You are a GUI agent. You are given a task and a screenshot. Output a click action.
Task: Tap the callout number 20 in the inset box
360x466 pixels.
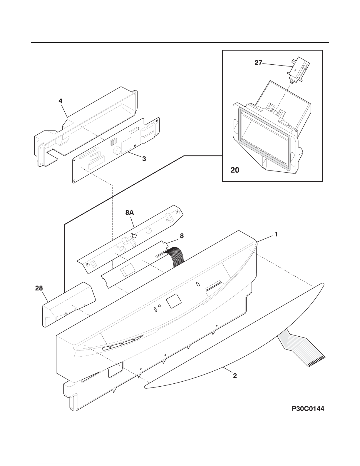(x=235, y=170)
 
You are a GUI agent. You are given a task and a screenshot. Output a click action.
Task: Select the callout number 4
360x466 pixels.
(x=61, y=101)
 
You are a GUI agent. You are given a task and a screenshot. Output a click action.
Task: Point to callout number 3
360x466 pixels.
(x=144, y=159)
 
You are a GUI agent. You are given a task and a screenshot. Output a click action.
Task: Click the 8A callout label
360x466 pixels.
(x=130, y=213)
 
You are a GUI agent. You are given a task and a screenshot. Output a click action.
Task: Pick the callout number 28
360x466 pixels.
(x=39, y=288)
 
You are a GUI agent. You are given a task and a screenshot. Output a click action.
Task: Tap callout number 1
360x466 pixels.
(x=276, y=234)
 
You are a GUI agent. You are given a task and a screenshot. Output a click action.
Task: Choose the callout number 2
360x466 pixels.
(x=235, y=376)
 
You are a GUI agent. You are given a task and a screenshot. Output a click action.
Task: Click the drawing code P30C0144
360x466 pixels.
(x=308, y=409)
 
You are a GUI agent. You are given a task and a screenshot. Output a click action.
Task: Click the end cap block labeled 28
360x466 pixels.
(x=69, y=305)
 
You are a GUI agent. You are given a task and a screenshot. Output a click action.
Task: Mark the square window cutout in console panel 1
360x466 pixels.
(x=174, y=301)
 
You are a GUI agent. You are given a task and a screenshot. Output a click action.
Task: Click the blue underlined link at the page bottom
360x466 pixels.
(x=58, y=463)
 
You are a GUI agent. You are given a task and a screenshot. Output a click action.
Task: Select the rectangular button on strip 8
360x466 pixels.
(x=128, y=270)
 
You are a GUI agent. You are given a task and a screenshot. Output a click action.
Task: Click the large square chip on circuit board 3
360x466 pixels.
(x=126, y=146)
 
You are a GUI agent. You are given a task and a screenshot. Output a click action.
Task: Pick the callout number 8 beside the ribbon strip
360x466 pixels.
(x=182, y=236)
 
